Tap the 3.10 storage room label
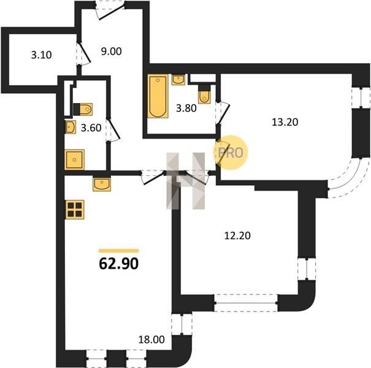pos(42,55)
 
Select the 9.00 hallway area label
pos(111,52)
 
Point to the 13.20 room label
pos(285,122)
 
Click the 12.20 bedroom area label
pos(237,236)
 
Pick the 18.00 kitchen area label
pos(151,340)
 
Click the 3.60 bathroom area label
pos(91,128)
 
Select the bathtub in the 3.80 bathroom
pos(158,96)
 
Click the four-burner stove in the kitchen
pos(75,209)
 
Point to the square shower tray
pos(74,159)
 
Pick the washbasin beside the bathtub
pos(178,80)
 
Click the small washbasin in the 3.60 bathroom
pos(71,127)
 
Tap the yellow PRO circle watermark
pos(231,152)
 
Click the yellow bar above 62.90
pos(118,251)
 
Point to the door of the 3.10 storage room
pos(83,53)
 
